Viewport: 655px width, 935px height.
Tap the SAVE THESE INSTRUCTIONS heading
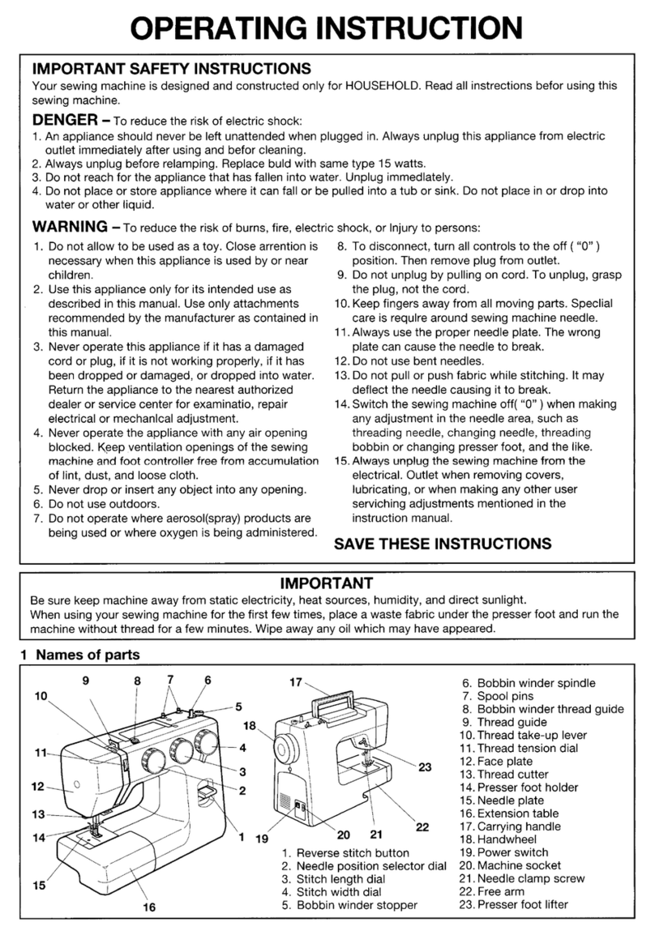[x=443, y=544]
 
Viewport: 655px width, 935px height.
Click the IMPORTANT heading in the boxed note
[x=326, y=583]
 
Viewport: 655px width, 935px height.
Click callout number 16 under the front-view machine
[x=149, y=907]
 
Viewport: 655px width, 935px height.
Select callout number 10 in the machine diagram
[x=41, y=695]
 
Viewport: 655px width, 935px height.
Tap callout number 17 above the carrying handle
[x=296, y=682]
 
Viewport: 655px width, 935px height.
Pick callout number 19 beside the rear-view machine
[x=261, y=839]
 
